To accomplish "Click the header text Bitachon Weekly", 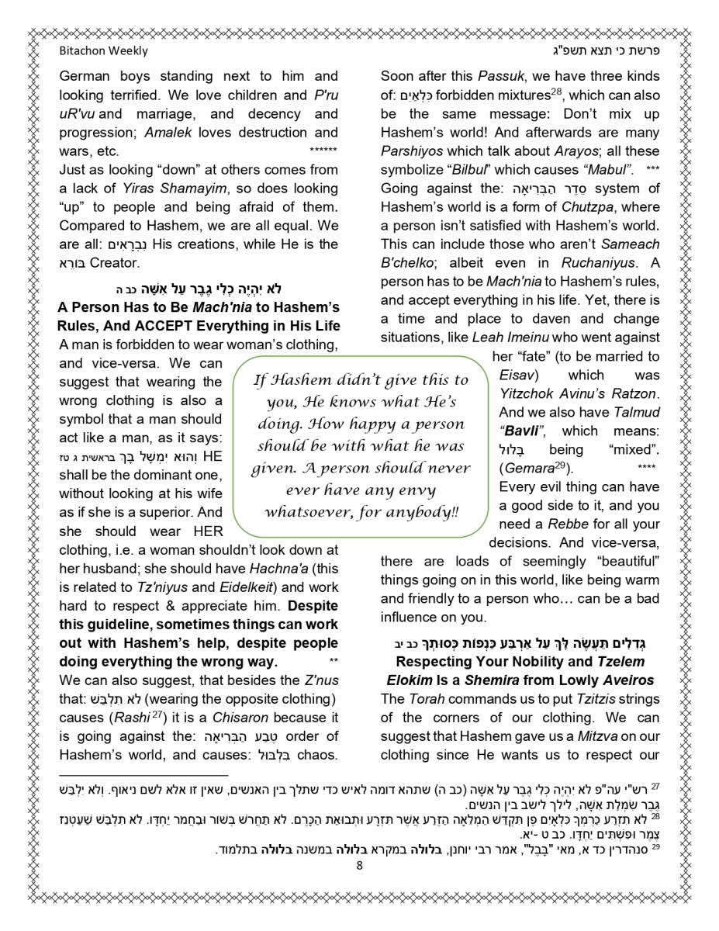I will point(103,51).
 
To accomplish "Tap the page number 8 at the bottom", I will point(359,866).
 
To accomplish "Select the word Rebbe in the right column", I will point(568,524).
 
